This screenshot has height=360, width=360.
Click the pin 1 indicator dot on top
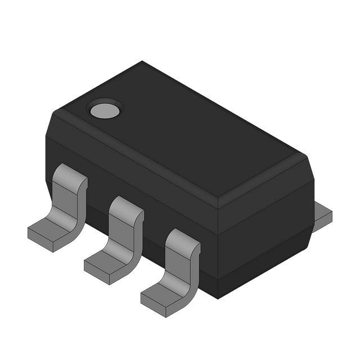(105, 110)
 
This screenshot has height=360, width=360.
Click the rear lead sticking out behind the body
(322, 214)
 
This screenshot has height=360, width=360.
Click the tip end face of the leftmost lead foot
(39, 241)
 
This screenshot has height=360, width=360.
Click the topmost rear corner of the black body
(142, 61)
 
